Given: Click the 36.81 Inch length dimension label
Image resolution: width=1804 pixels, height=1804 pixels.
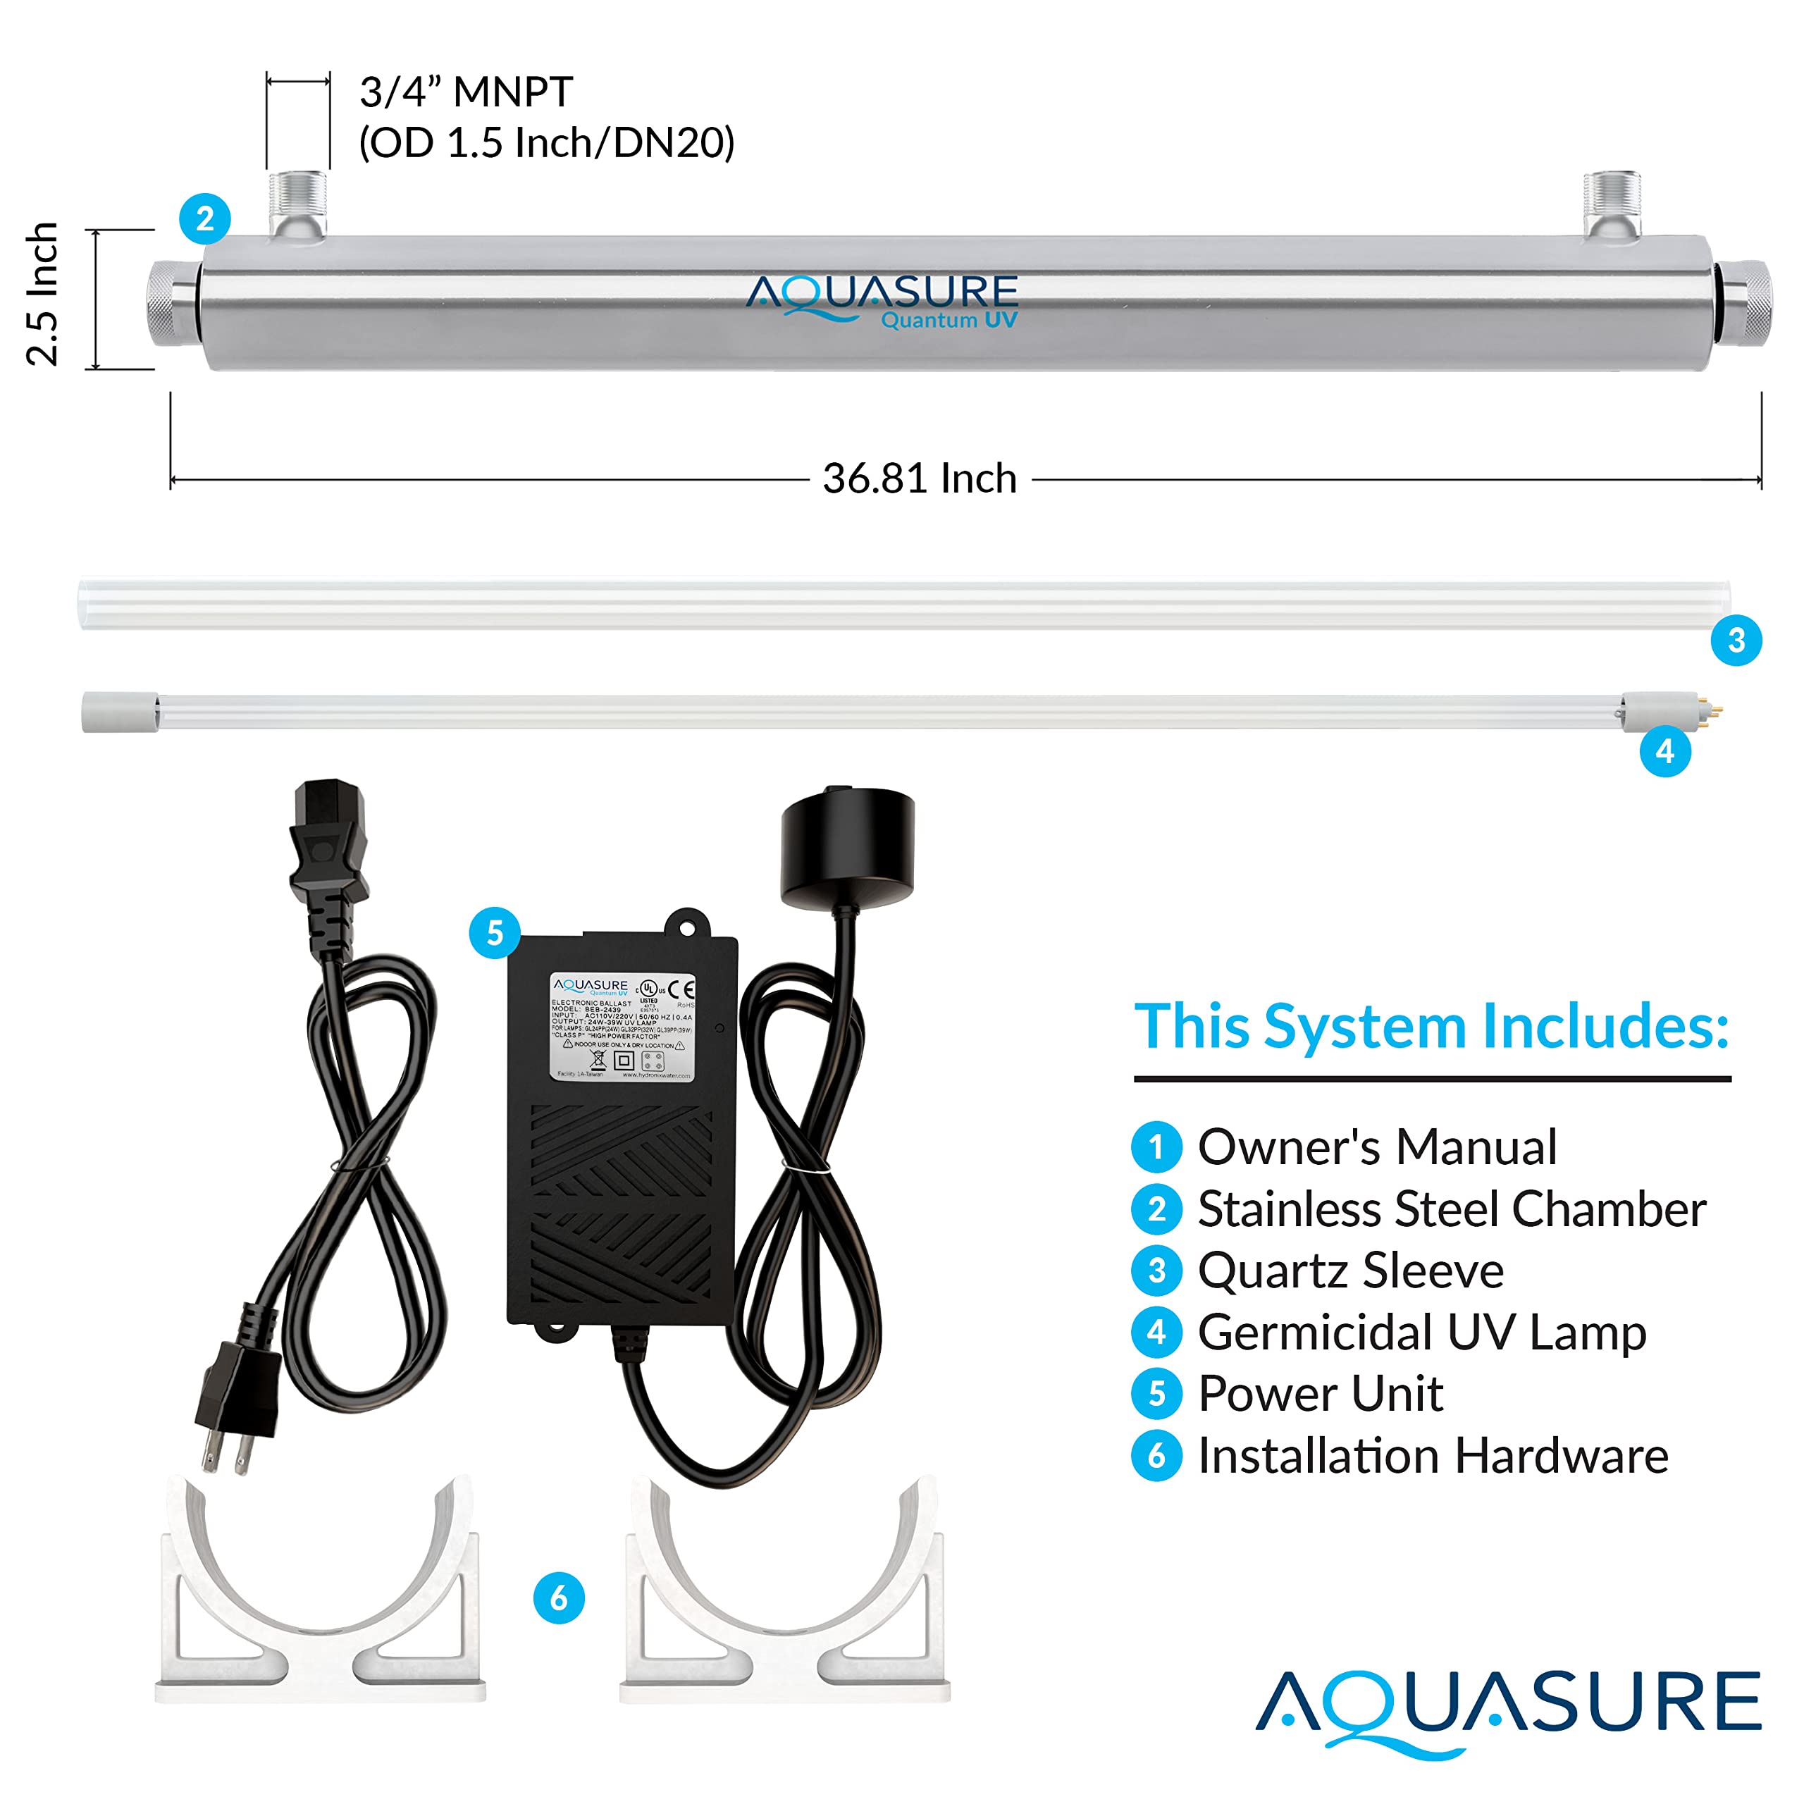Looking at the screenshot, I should coord(919,479).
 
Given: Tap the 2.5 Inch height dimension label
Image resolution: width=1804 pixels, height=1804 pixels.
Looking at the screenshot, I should coord(43,294).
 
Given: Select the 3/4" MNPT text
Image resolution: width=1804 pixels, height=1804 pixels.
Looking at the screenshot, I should coord(466,92).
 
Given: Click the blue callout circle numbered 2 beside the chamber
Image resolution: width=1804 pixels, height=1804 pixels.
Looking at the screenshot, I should coord(204,219).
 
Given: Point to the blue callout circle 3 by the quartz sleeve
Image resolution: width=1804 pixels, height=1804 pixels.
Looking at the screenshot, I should coord(1736,641).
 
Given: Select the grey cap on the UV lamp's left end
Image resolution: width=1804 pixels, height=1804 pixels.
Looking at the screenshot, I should coord(120,712).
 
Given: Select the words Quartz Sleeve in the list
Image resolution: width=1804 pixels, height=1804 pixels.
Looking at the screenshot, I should coord(1350,1271).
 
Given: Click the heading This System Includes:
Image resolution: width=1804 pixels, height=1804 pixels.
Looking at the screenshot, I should coord(1431,1027).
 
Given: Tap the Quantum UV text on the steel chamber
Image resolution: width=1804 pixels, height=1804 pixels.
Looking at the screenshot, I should coord(949,320).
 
